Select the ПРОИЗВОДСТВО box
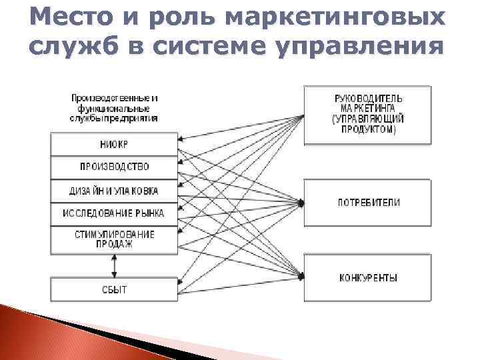[114, 167]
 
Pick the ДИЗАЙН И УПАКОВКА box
[114, 191]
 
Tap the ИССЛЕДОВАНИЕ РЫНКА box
[114, 213]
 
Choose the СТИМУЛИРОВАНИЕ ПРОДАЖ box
[114, 239]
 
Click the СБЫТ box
[114, 289]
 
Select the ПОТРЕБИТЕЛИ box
[369, 202]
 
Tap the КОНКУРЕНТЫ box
[369, 277]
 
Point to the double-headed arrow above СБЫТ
[114, 265]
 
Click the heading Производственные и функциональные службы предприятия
[114, 108]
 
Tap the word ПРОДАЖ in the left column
[114, 245]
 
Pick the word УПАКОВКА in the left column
[134, 191]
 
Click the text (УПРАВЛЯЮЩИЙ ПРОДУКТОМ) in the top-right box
[369, 124]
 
